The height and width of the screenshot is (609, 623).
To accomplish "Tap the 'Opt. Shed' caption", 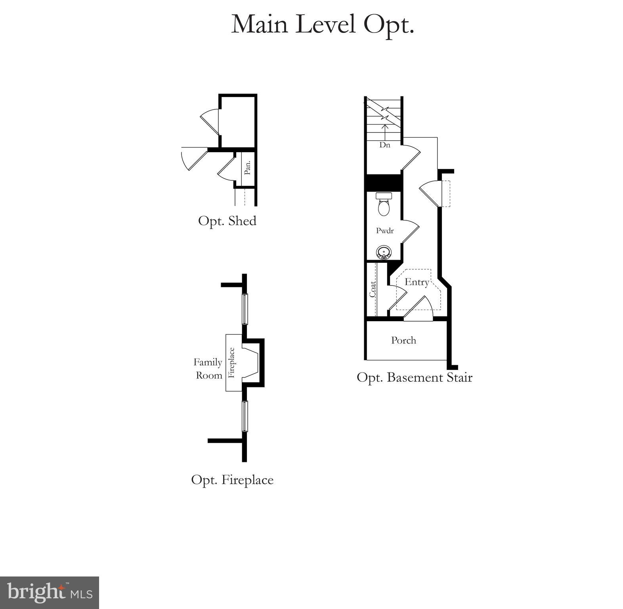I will [227, 221].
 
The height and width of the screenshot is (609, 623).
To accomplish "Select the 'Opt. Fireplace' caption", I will [232, 480].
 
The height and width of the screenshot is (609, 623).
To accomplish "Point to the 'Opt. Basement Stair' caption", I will [414, 377].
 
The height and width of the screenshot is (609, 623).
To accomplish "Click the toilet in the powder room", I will [383, 204].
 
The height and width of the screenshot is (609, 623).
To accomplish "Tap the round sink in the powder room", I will [383, 252].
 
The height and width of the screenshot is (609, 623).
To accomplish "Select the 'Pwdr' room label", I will [384, 230].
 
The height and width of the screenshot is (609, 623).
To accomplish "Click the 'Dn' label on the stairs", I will [384, 145].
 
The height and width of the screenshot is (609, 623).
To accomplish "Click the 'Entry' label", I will [417, 282].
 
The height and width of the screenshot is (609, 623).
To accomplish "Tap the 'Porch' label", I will [403, 340].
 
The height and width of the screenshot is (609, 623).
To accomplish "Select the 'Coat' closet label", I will [373, 289].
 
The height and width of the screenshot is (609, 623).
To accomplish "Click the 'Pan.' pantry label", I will [248, 168].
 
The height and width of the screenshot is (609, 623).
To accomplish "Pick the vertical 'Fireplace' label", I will [232, 362].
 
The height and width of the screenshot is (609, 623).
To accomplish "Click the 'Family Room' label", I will [208, 369].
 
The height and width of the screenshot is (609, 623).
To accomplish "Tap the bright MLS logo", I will [50, 593].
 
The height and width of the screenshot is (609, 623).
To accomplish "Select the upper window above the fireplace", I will [245, 309].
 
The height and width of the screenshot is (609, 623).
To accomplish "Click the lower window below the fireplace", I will [245, 416].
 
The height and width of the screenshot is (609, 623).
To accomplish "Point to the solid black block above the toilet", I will [383, 183].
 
